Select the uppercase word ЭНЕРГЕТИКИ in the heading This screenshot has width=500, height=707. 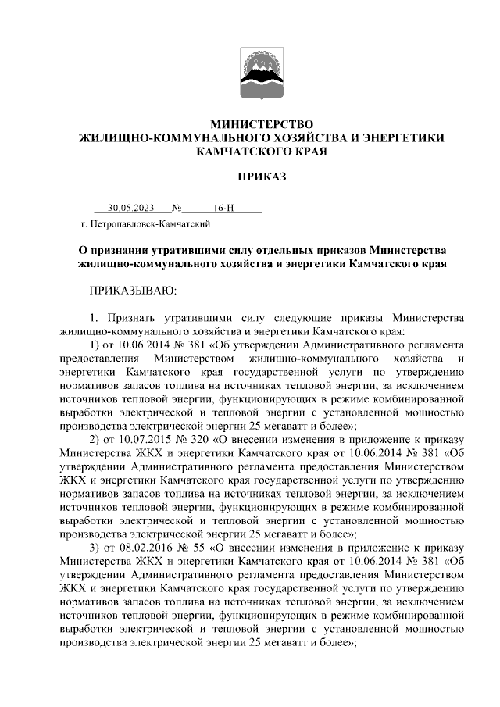point(399,138)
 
